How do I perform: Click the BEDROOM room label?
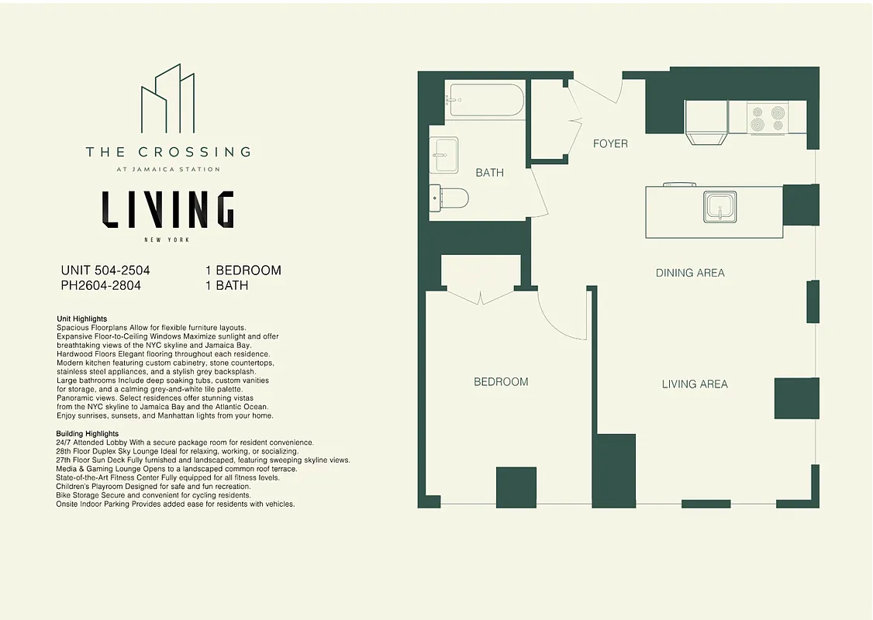[501, 381]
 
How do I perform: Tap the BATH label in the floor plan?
[489, 172]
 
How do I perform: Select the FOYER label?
[610, 143]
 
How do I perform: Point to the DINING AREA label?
[690, 273]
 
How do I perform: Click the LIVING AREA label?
[695, 384]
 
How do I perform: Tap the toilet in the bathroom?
[450, 199]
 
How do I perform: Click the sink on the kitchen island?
[720, 207]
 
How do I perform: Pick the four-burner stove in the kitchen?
[768, 118]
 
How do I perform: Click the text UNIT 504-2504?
[105, 270]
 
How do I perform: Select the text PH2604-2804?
[101, 285]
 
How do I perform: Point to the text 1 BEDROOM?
[243, 270]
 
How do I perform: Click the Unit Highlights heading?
[81, 319]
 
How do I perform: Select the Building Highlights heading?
[87, 433]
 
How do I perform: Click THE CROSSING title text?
[167, 152]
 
